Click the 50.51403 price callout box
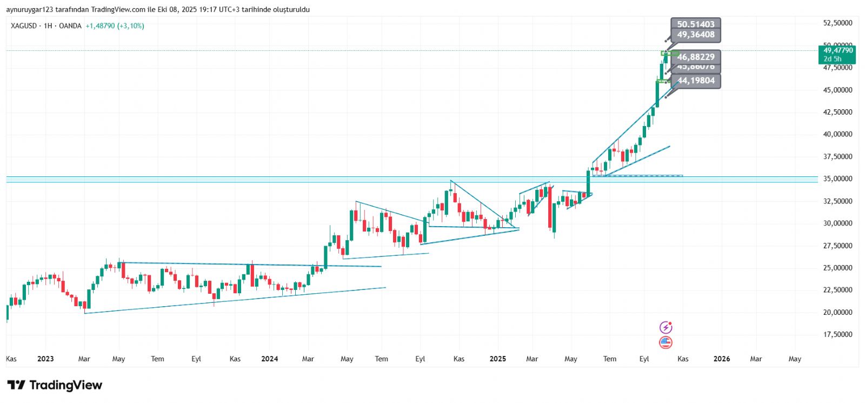point(695,24)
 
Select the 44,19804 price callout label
point(696,81)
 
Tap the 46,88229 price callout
point(696,57)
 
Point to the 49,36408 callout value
point(696,35)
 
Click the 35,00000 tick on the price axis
point(837,179)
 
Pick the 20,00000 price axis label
point(837,313)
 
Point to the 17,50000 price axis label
point(837,335)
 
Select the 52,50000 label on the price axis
point(837,23)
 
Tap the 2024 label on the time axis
point(269,359)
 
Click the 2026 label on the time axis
point(721,359)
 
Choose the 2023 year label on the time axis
point(45,359)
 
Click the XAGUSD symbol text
point(24,26)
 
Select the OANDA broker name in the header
point(70,26)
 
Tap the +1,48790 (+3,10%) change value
point(115,26)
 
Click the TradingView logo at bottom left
point(55,385)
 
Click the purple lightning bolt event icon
point(666,327)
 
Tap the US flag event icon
point(666,342)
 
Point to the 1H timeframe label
point(48,26)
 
